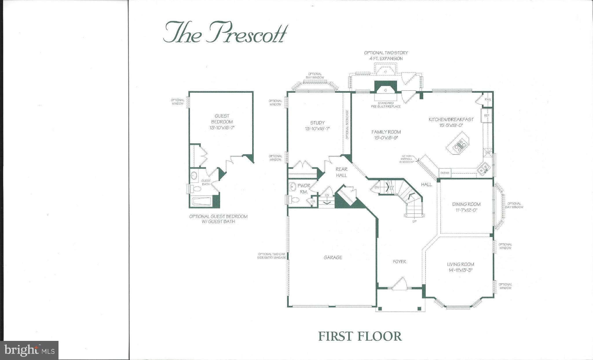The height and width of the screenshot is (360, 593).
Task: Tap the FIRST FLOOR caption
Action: [x=360, y=336]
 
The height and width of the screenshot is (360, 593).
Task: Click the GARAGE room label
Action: [x=333, y=257]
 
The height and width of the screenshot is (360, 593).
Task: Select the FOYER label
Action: [x=399, y=262]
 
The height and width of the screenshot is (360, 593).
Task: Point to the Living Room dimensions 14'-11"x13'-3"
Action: [x=460, y=271]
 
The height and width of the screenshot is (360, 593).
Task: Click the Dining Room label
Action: [x=466, y=204]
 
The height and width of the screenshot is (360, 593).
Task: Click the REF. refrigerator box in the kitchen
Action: [x=486, y=115]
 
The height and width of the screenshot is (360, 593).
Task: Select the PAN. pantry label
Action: [x=488, y=100]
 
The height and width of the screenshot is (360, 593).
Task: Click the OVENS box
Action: [x=445, y=173]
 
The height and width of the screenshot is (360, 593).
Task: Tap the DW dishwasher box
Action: [x=488, y=153]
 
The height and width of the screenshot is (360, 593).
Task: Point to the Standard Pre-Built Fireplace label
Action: [x=386, y=105]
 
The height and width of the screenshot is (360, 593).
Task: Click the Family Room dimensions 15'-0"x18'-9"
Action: [x=386, y=138]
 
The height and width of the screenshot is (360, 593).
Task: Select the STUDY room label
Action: [x=317, y=123]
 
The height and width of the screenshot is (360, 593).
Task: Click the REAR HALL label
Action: [x=341, y=172]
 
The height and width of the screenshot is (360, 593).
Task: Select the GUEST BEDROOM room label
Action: [x=222, y=119]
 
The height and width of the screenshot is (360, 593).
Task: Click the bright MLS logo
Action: [x=29, y=350]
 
